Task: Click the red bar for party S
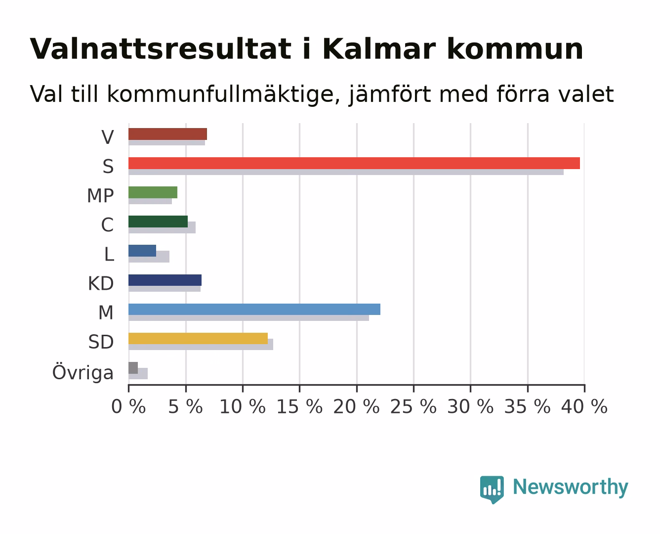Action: (x=354, y=163)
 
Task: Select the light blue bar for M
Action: (x=254, y=309)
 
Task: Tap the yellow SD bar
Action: (x=198, y=338)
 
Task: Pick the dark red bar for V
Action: (x=167, y=134)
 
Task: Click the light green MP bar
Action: (x=153, y=192)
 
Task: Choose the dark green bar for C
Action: (x=158, y=222)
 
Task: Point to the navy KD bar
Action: (x=165, y=280)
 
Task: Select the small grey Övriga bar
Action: (x=133, y=368)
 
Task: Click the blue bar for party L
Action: (x=142, y=251)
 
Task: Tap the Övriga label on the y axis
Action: (x=82, y=372)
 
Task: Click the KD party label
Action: (x=101, y=283)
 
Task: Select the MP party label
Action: (x=100, y=196)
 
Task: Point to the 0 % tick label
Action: (x=128, y=407)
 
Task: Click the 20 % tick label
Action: (x=356, y=407)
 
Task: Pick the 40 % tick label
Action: (x=584, y=407)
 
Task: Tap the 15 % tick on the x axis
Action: (x=300, y=388)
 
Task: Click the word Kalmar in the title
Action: (x=379, y=49)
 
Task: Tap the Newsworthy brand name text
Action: (x=571, y=488)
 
